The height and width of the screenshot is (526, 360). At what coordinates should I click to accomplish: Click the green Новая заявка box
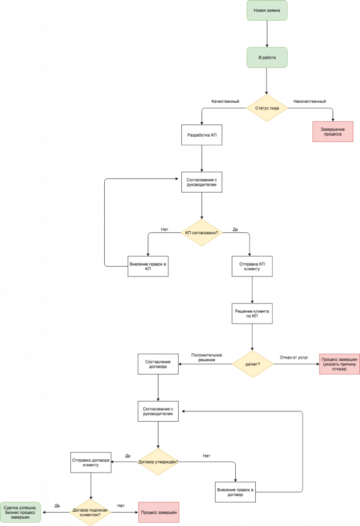pyautogui.click(x=267, y=10)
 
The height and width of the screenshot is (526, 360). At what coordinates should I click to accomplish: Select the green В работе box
pyautogui.click(x=267, y=58)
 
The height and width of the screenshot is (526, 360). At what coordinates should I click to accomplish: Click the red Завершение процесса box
pyautogui.click(x=333, y=131)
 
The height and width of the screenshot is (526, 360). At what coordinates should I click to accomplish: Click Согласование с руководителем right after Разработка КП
pyautogui.click(x=201, y=182)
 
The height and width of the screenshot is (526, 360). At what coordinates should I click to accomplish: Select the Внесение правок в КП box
pyautogui.click(x=148, y=267)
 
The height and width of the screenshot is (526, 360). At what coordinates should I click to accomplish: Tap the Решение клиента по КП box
pyautogui.click(x=252, y=313)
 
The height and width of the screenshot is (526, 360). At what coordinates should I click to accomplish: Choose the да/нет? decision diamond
pyautogui.click(x=252, y=364)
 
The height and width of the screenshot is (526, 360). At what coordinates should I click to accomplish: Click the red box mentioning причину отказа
pyautogui.click(x=339, y=364)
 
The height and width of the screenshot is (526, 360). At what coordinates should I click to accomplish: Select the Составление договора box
pyautogui.click(x=158, y=364)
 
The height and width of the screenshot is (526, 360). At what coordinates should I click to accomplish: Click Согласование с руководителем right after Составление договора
pyautogui.click(x=158, y=411)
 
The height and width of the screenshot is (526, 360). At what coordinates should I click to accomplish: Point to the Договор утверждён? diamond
pyautogui.click(x=158, y=462)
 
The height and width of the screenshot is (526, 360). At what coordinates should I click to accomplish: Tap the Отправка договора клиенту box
pyautogui.click(x=91, y=462)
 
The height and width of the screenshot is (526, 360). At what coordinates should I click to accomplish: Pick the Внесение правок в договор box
pyautogui.click(x=234, y=492)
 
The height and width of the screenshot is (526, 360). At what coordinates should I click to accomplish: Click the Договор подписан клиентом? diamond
pyautogui.click(x=91, y=512)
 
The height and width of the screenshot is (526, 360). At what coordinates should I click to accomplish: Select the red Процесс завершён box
pyautogui.click(x=159, y=513)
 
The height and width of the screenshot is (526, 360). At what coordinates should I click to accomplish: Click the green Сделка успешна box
pyautogui.click(x=20, y=512)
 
